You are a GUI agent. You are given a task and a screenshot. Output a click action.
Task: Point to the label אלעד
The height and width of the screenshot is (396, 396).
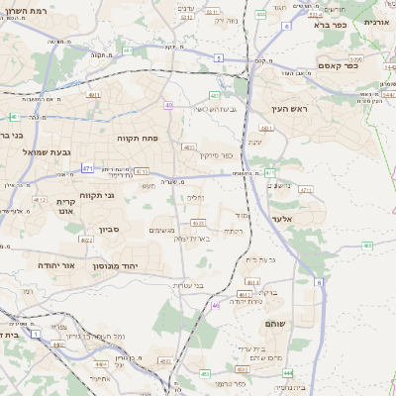(x=283, y=219)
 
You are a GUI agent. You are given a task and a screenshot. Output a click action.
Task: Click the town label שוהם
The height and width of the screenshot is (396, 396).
(x=275, y=324)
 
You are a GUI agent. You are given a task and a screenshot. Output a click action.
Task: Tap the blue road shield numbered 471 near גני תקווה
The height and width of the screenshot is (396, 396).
(x=87, y=169)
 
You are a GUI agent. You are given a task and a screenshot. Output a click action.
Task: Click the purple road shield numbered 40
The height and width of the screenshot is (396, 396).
(x=169, y=105)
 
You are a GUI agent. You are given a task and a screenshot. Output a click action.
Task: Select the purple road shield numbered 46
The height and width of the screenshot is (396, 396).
(x=215, y=306)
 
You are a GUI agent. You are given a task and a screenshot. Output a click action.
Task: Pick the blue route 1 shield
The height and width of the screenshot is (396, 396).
(x=37, y=335)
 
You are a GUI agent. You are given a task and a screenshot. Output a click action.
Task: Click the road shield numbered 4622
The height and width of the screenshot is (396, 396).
(x=86, y=240)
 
